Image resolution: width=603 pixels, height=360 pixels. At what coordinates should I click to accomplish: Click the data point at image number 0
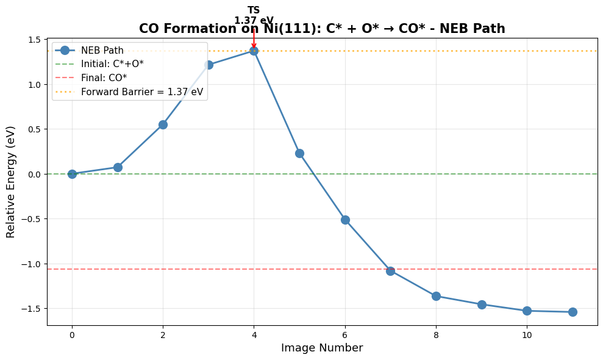click(x=72, y=174)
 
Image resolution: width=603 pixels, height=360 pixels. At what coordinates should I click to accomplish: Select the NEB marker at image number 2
click(x=163, y=124)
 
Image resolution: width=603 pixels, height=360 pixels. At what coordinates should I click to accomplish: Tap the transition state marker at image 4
click(x=254, y=51)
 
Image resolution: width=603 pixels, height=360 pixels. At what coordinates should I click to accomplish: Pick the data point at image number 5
click(x=299, y=153)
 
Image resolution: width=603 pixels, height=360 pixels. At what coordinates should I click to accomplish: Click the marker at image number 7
click(x=390, y=271)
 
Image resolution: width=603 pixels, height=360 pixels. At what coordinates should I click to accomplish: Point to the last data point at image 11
click(x=573, y=312)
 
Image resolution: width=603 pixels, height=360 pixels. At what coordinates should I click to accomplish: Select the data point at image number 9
click(x=482, y=304)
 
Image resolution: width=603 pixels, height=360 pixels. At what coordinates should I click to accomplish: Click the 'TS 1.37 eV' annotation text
click(x=254, y=15)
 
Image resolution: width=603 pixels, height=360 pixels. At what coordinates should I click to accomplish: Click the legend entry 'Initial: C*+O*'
click(x=112, y=64)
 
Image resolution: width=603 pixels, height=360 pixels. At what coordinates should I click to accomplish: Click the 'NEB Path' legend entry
click(x=102, y=50)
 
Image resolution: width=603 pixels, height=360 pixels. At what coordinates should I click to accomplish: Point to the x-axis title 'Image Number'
click(x=322, y=348)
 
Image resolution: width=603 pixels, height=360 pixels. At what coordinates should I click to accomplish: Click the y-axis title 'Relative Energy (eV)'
click(x=11, y=182)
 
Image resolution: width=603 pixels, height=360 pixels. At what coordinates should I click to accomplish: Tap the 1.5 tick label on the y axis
click(x=34, y=40)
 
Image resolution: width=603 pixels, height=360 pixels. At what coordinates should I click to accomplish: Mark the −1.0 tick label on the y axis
click(x=32, y=264)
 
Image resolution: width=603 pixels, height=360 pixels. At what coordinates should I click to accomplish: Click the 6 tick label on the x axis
click(x=345, y=335)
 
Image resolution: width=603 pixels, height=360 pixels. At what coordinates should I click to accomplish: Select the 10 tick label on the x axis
click(x=527, y=335)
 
